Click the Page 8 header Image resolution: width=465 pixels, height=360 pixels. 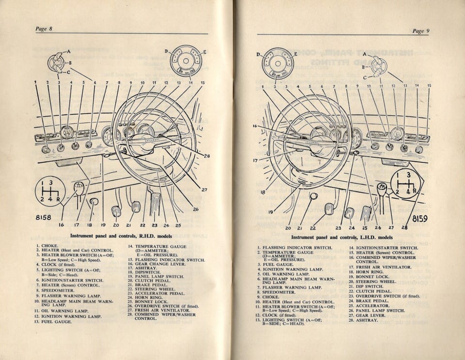point(44,29)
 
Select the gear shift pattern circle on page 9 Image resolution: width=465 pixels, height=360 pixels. point(406,183)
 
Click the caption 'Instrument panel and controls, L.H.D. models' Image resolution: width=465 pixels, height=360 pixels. point(341,238)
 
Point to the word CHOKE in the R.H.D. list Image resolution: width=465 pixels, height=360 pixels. point(50,246)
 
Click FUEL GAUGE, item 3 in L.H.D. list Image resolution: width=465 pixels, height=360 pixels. point(278,264)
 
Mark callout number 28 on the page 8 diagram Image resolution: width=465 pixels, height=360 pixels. point(207,156)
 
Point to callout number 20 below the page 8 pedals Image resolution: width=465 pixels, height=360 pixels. point(116,225)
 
